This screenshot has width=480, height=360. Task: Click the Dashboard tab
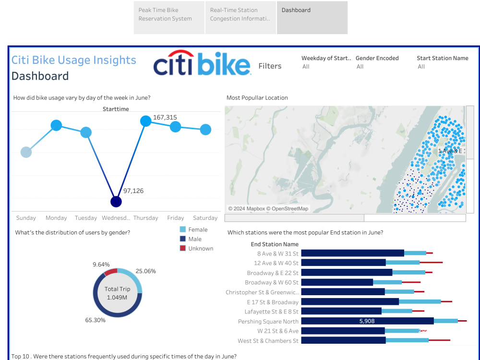click(312, 17)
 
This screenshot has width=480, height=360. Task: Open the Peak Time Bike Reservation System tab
click(169, 17)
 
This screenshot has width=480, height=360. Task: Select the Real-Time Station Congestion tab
click(240, 17)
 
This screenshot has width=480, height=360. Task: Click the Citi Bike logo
click(202, 63)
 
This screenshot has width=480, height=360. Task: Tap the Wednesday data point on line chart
click(116, 202)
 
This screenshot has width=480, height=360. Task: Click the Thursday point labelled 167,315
click(146, 121)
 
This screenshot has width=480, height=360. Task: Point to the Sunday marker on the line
click(26, 152)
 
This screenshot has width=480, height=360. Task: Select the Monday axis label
click(56, 218)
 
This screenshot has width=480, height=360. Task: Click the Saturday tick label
click(205, 218)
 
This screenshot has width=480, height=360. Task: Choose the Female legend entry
click(193, 229)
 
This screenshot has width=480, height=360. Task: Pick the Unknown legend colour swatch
click(183, 248)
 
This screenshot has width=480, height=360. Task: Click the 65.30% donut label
click(95, 320)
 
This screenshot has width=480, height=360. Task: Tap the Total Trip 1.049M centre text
click(117, 293)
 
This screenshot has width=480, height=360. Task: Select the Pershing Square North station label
click(268, 322)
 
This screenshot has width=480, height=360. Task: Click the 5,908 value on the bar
click(367, 321)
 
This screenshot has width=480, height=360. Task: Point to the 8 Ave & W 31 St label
click(277, 253)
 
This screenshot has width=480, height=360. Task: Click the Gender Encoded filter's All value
click(360, 67)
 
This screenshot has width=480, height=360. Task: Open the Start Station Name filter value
click(421, 67)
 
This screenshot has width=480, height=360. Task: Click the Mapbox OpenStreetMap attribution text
click(268, 209)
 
